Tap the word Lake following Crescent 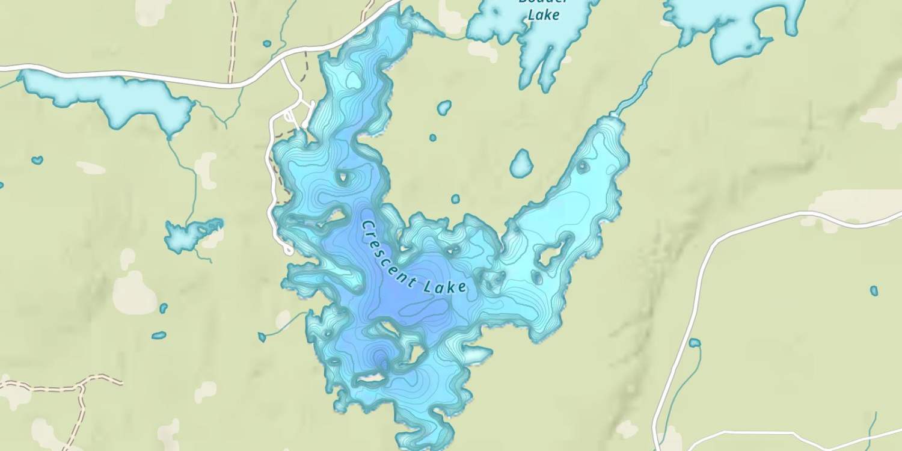point(445,287)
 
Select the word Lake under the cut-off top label point(543,14)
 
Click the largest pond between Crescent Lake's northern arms point(521,164)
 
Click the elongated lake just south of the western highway point(108,96)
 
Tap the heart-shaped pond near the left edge point(37,160)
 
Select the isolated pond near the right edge point(874,291)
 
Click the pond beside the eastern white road point(695,343)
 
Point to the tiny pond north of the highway point(267,43)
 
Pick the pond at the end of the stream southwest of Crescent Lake point(262,337)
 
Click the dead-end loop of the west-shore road point(289,249)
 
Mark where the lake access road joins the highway point(283,60)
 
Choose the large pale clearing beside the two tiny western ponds point(133,293)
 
